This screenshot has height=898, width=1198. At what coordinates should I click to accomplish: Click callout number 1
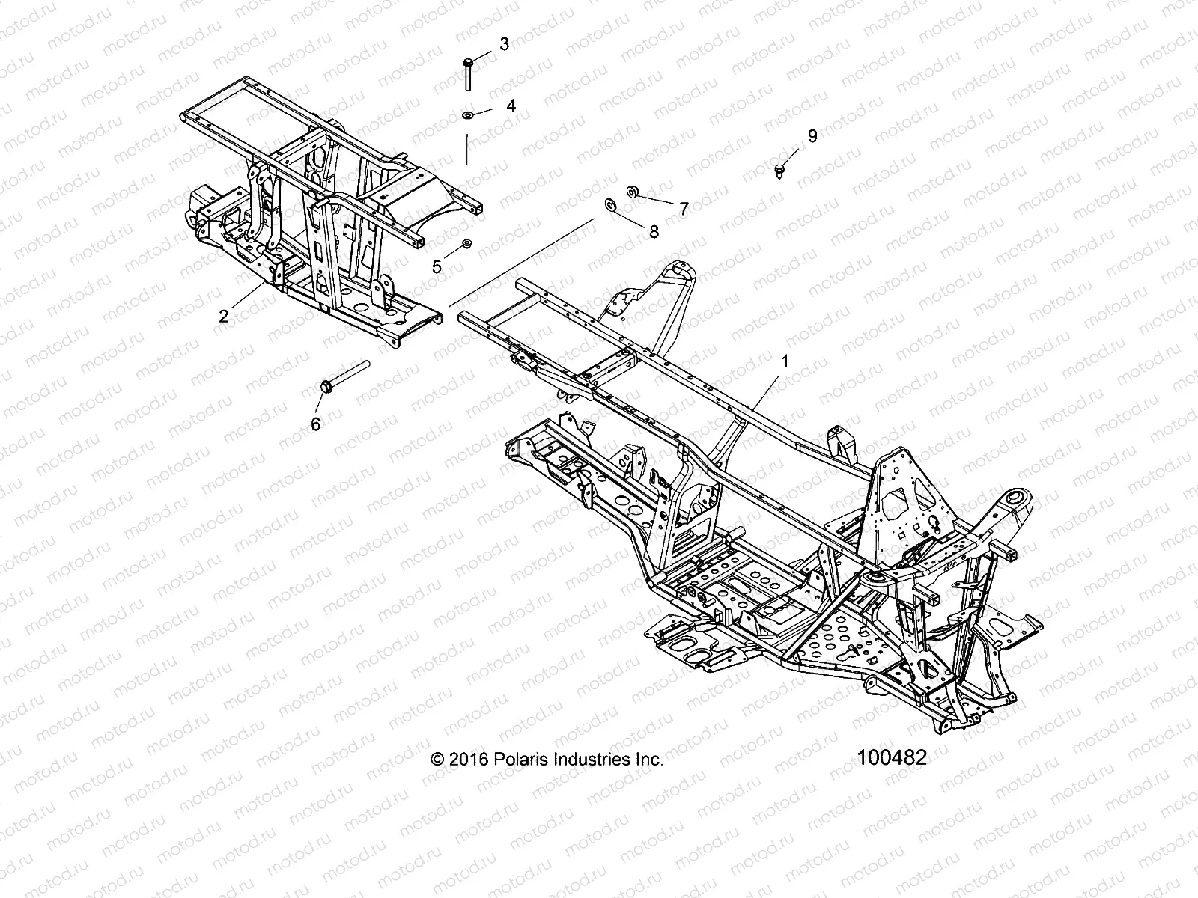785,361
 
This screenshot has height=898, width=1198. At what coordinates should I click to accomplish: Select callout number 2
223,316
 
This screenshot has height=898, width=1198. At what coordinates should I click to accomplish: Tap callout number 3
504,44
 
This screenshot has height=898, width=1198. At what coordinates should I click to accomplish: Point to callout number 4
511,106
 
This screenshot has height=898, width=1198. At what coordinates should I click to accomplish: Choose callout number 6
315,424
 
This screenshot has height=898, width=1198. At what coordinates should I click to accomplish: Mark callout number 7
683,209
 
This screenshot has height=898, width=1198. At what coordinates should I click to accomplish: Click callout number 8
654,232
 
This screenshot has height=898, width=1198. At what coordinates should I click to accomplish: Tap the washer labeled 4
466,114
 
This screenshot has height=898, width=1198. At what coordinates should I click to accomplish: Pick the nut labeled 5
466,243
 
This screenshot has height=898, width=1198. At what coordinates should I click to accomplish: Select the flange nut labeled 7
633,192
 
